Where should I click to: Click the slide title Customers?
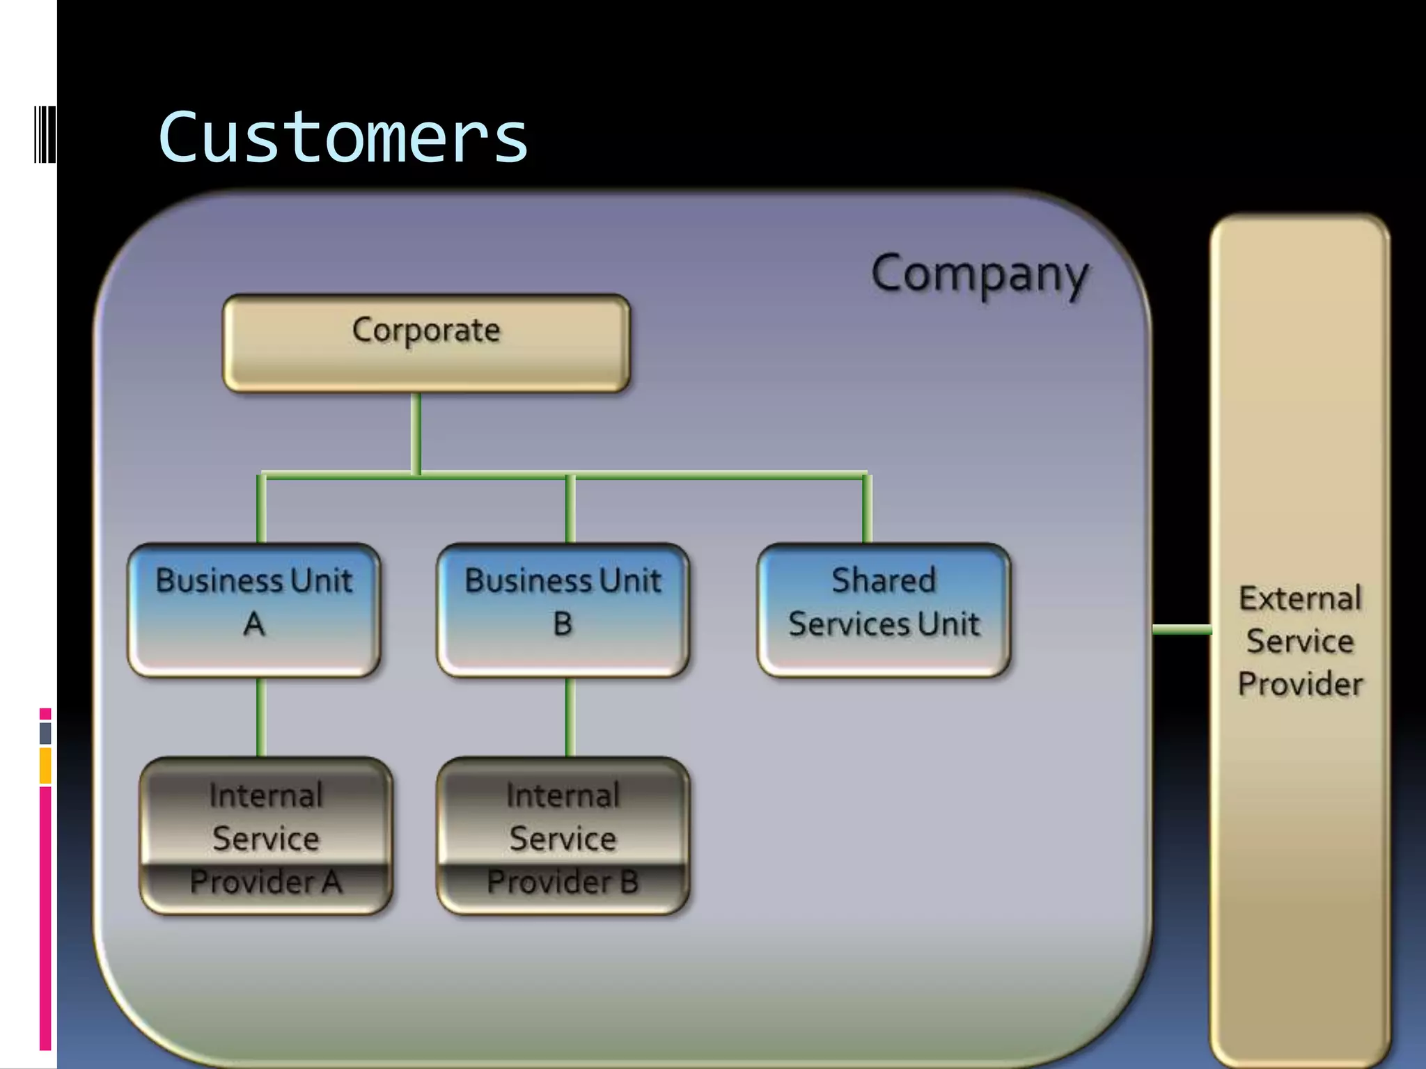click(343, 138)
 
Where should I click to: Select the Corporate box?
click(426, 343)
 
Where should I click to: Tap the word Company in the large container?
click(979, 274)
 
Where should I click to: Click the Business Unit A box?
click(254, 609)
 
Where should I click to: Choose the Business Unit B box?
click(563, 609)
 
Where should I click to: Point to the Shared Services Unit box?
click(884, 609)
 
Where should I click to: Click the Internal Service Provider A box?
click(265, 835)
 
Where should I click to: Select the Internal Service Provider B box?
click(563, 835)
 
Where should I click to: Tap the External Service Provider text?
click(1300, 640)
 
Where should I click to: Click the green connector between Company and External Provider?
click(1182, 630)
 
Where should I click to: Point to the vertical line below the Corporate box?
click(416, 433)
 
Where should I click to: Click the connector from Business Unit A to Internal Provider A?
click(261, 717)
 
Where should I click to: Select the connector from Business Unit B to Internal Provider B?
click(570, 717)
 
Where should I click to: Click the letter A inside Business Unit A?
click(254, 624)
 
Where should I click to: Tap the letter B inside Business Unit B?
click(563, 624)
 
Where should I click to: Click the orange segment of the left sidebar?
click(45, 765)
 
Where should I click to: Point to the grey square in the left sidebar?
click(45, 733)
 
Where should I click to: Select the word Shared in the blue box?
click(884, 580)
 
